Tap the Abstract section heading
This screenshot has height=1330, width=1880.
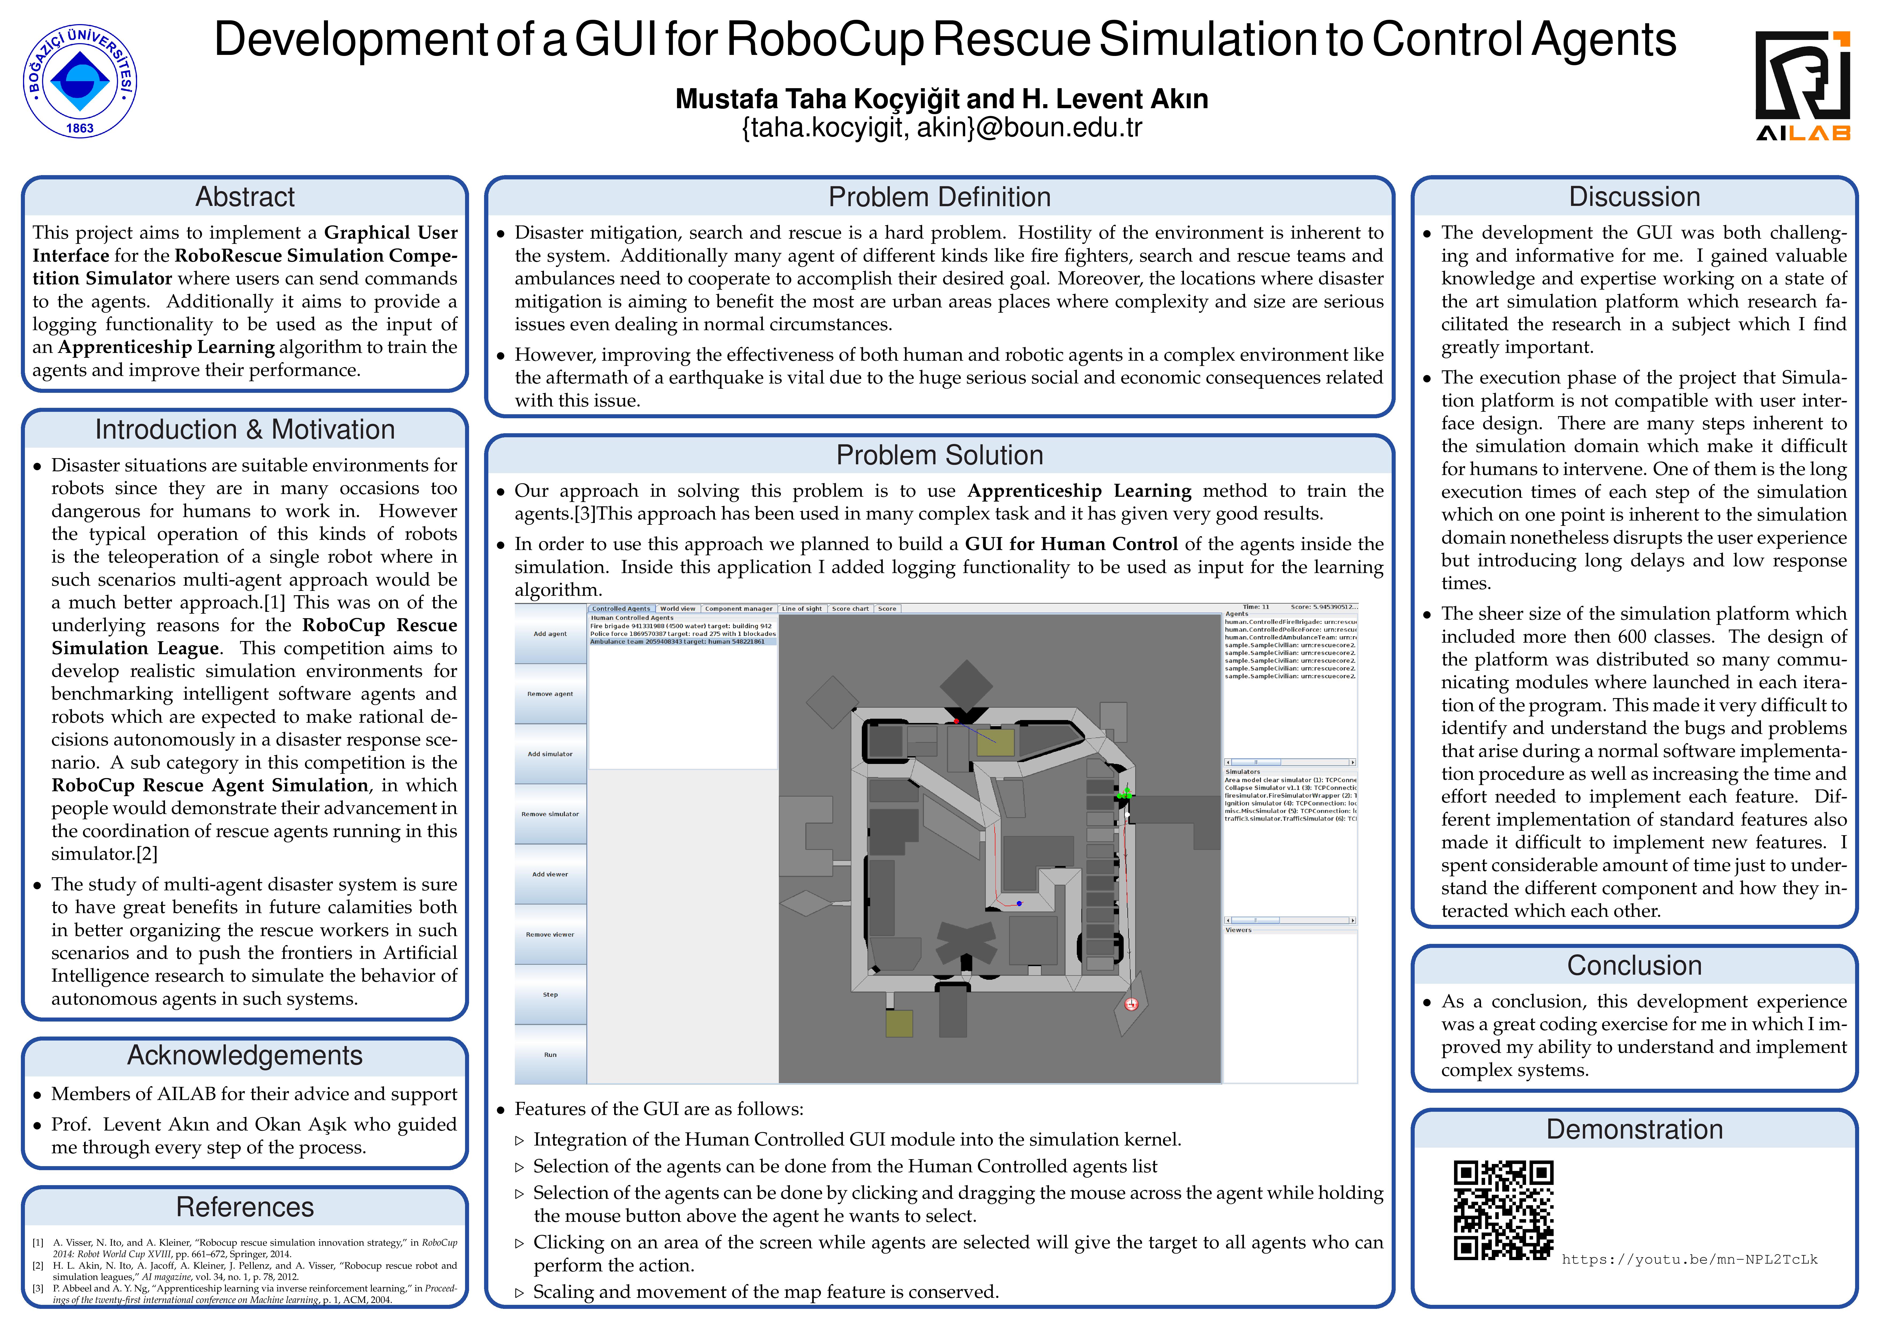(245, 197)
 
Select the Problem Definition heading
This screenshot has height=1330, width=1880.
(939, 197)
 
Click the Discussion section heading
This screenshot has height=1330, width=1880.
(1634, 197)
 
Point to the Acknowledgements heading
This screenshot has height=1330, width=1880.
(245, 1056)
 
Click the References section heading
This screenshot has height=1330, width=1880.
(245, 1207)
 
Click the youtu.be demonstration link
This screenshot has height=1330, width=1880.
(1689, 1260)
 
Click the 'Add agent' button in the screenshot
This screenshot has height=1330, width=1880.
(550, 634)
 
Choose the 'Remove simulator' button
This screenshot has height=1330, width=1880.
(550, 814)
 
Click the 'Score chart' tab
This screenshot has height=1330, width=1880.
(850, 608)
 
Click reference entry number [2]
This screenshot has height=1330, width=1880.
(254, 1271)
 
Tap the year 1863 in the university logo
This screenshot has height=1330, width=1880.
(80, 129)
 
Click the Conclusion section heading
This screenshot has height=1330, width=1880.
(1634, 966)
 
